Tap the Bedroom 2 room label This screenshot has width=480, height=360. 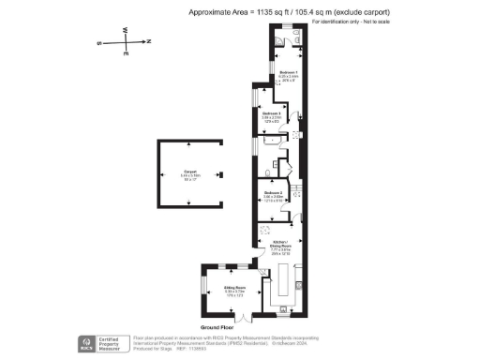pos(273,193)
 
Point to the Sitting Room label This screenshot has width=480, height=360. pos(234,288)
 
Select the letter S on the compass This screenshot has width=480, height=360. pos(100,42)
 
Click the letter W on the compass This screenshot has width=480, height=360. pos(123,29)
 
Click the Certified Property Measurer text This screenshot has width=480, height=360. pos(116,343)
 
